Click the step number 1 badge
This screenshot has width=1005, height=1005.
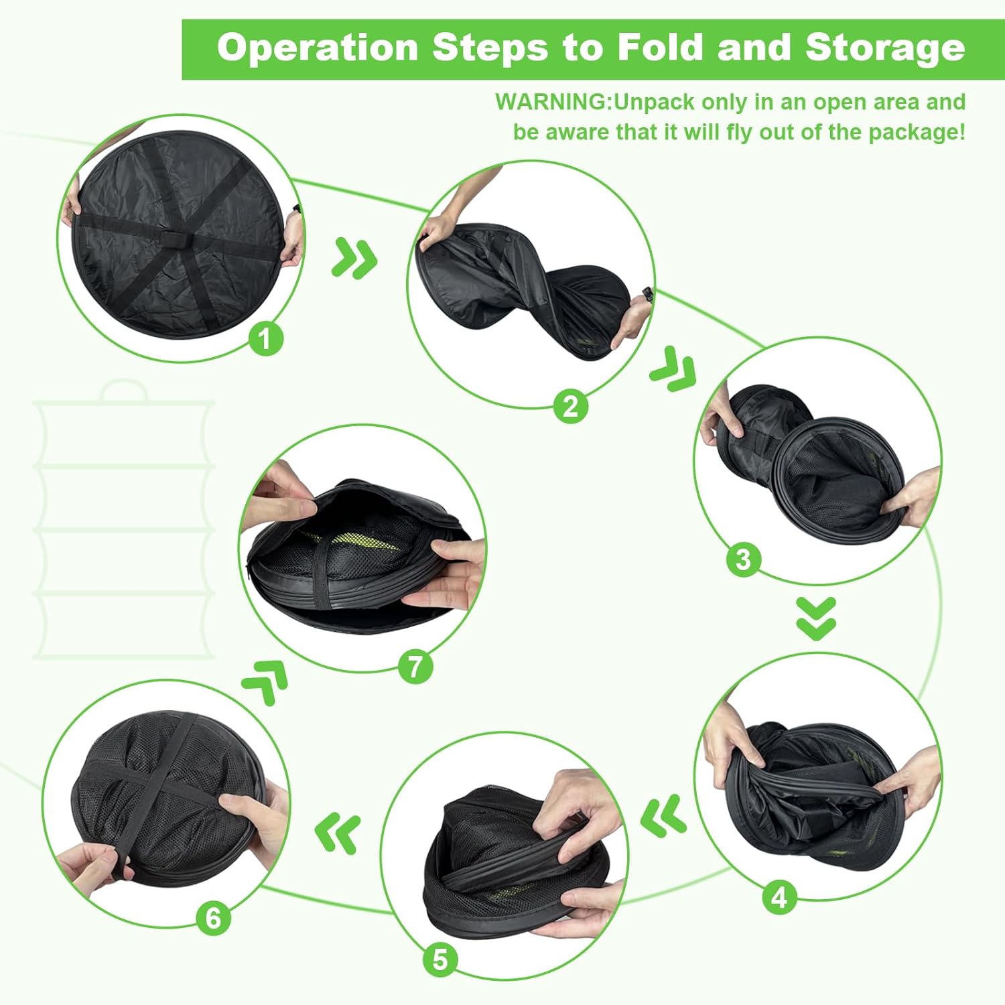pyautogui.click(x=266, y=338)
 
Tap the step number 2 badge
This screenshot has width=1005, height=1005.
pyautogui.click(x=571, y=406)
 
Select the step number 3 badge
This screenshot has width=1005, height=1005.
pyautogui.click(x=744, y=559)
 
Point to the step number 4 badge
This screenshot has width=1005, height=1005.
pyautogui.click(x=780, y=897)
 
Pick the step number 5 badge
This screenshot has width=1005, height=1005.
pyautogui.click(x=440, y=960)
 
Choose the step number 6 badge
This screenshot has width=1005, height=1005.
pyautogui.click(x=213, y=919)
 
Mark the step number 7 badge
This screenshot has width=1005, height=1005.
pyautogui.click(x=415, y=667)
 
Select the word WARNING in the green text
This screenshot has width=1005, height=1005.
pyautogui.click(x=551, y=102)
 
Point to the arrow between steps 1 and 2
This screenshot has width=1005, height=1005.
pyautogui.click(x=354, y=258)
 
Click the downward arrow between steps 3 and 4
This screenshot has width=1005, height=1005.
pyautogui.click(x=817, y=618)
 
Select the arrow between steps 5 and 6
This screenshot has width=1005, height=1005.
pyautogui.click(x=338, y=831)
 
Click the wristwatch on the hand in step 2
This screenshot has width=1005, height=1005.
pyautogui.click(x=647, y=295)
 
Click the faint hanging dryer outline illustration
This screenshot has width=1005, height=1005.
pyautogui.click(x=124, y=519)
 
